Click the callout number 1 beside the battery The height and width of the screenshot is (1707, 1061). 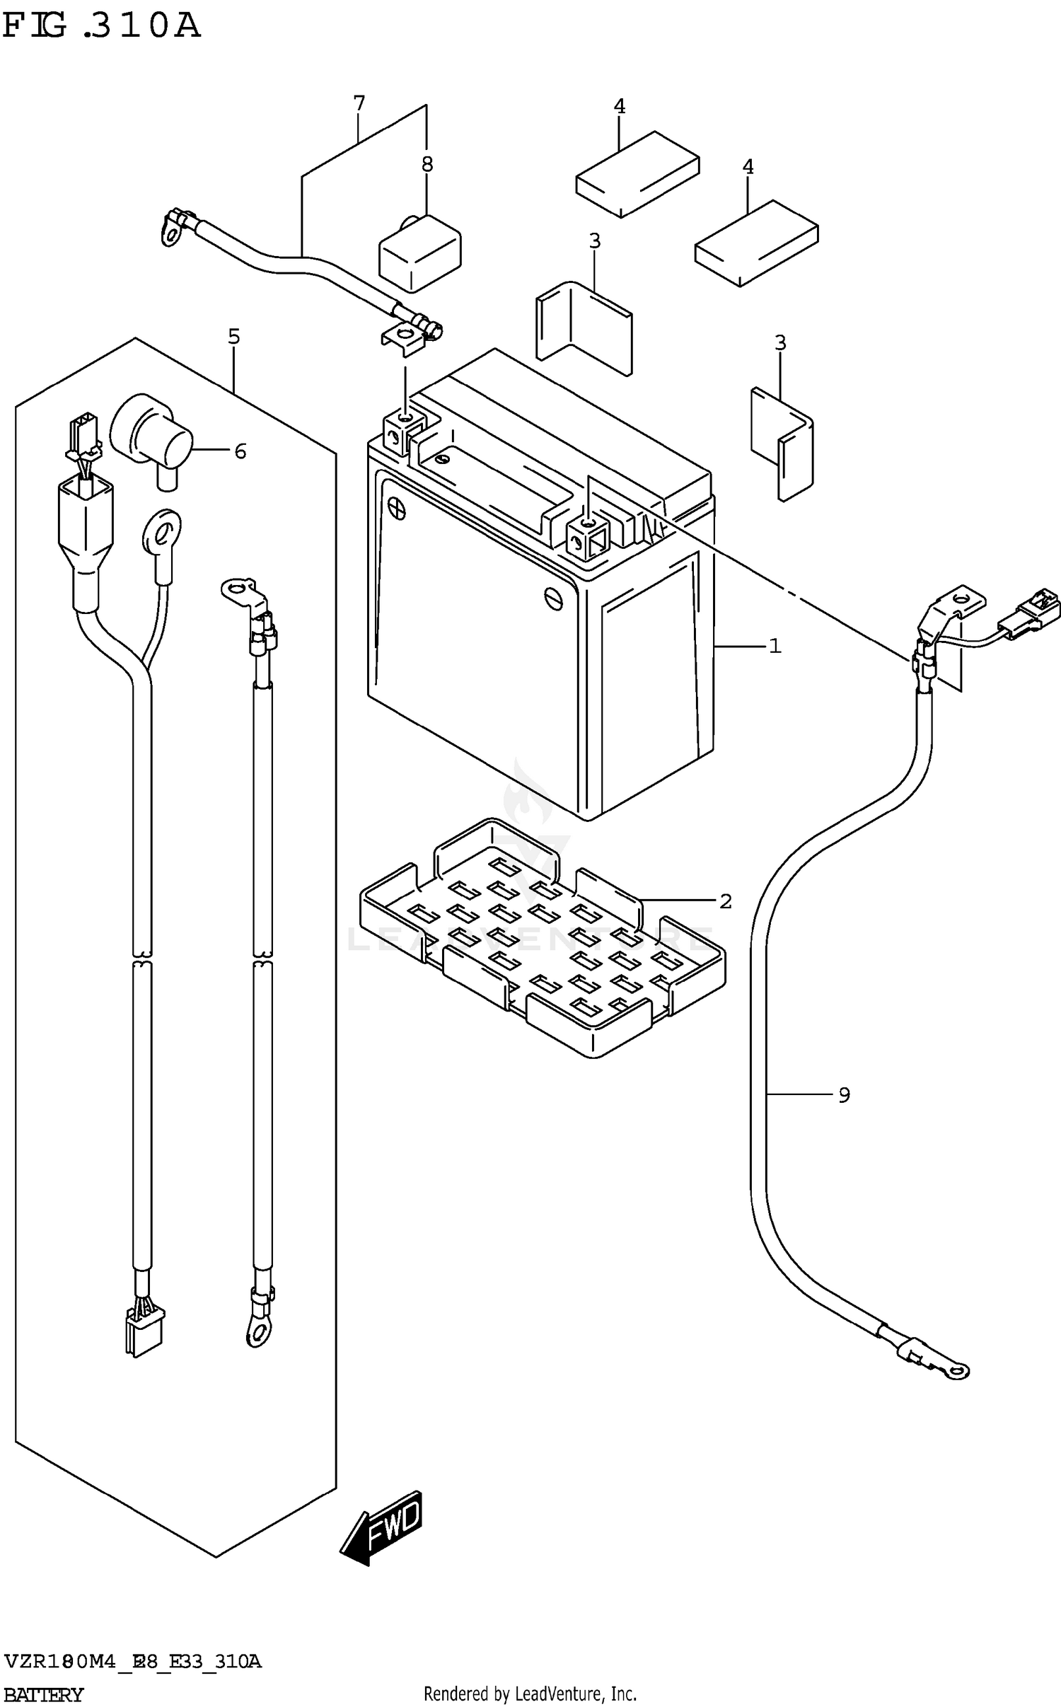click(x=775, y=646)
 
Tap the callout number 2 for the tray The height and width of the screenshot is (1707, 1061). click(x=725, y=901)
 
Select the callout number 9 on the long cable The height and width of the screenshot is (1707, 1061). click(x=844, y=1095)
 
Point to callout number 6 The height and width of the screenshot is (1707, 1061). click(x=240, y=451)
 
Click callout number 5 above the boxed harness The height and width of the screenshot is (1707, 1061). click(x=233, y=337)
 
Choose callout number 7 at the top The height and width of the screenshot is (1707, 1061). click(x=359, y=104)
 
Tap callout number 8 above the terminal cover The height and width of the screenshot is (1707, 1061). click(x=427, y=164)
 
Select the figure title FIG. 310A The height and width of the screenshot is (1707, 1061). click(x=100, y=26)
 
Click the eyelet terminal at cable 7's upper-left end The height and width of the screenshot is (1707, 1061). click(x=170, y=230)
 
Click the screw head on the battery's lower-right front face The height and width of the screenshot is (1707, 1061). click(x=552, y=596)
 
